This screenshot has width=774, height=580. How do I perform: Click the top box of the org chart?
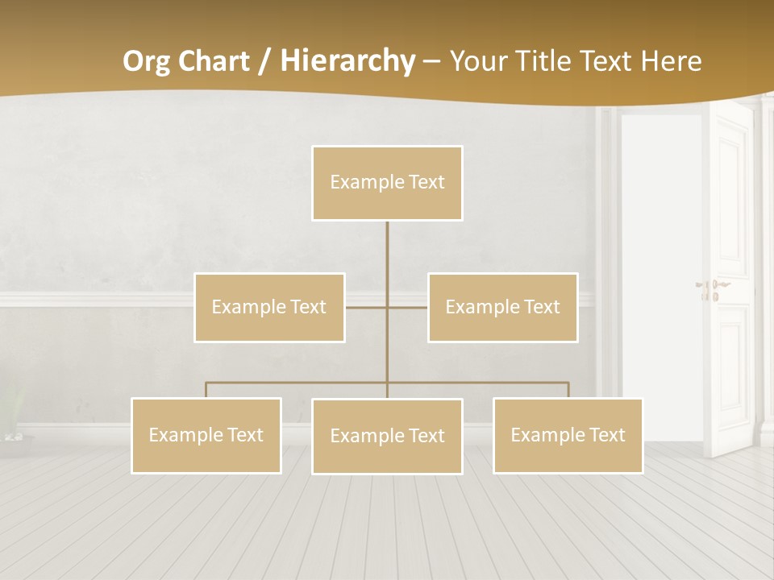[x=387, y=183]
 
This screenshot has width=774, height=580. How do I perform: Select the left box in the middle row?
[x=269, y=307]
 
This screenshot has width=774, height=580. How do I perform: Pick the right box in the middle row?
[x=502, y=307]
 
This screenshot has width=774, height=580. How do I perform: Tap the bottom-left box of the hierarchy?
[x=206, y=435]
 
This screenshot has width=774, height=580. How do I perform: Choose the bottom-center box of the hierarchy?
[x=387, y=436]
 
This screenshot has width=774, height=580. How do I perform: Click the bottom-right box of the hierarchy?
[x=568, y=435]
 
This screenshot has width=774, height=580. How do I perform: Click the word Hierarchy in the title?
[x=347, y=61]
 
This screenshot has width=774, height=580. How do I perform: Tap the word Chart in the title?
[x=215, y=61]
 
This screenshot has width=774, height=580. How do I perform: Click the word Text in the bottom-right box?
[x=607, y=435]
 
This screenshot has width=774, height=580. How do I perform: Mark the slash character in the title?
[x=264, y=61]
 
